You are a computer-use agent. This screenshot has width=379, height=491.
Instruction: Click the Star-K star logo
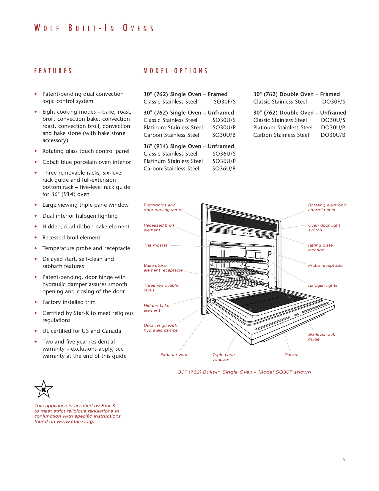coord(44,389)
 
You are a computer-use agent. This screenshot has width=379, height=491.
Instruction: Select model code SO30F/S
coord(224,102)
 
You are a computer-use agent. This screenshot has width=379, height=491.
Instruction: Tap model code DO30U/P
coord(333,128)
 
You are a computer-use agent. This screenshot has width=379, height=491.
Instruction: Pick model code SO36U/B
coord(224,169)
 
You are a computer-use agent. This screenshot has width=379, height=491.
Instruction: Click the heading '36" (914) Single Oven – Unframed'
coord(188,146)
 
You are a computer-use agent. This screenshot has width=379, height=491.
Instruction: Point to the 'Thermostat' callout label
coord(155,245)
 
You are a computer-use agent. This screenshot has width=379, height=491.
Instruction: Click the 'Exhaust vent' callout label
coord(174,355)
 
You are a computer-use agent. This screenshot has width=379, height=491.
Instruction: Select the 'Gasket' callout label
coord(291,355)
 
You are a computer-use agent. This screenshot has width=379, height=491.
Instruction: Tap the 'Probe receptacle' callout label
coord(325,266)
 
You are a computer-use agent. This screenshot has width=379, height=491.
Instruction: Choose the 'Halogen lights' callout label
coord(323,285)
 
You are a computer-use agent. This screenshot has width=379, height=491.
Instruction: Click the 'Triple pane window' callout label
coord(223,357)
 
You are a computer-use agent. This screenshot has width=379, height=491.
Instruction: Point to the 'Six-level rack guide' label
coord(321,337)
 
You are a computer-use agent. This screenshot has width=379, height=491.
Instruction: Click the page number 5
coord(344,459)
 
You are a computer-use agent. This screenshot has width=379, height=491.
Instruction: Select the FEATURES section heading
coord(53,71)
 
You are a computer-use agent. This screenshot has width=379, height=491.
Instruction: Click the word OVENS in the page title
coord(139,28)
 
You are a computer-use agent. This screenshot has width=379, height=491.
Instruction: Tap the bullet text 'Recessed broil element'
coord(71,238)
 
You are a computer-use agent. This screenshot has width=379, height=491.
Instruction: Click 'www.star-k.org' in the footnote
coord(75,421)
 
